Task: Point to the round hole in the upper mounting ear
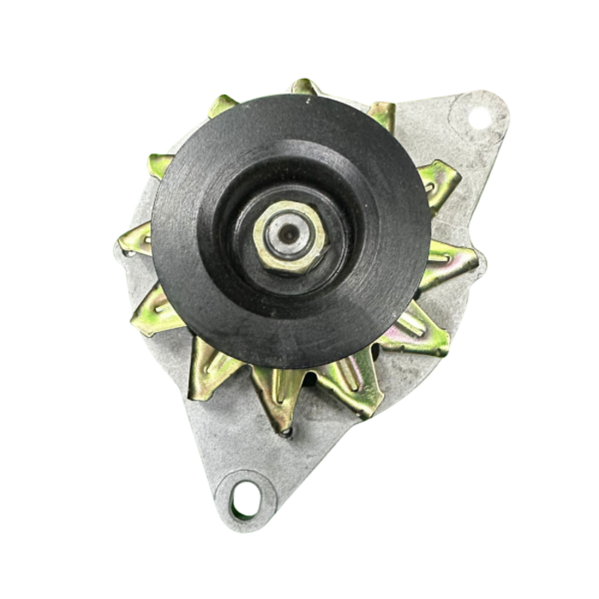click(x=479, y=118)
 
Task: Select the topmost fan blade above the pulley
click(x=305, y=86)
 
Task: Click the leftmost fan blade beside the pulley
click(x=134, y=240)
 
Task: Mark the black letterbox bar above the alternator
click(x=299, y=24)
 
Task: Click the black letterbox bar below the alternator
click(x=299, y=573)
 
